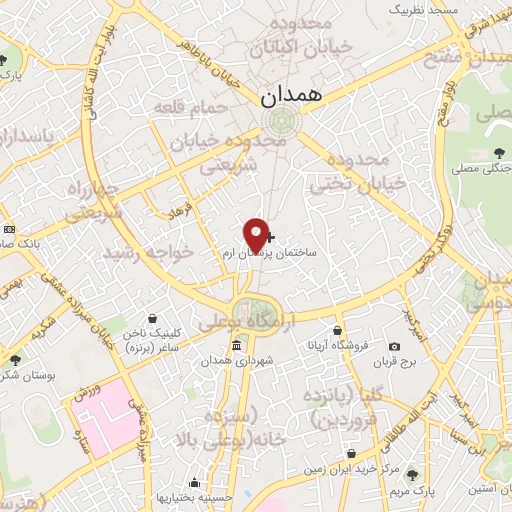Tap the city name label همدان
coord(288,96)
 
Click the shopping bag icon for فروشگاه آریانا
coord(338,330)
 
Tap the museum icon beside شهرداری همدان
coord(236,346)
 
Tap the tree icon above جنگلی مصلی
coord(498,152)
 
